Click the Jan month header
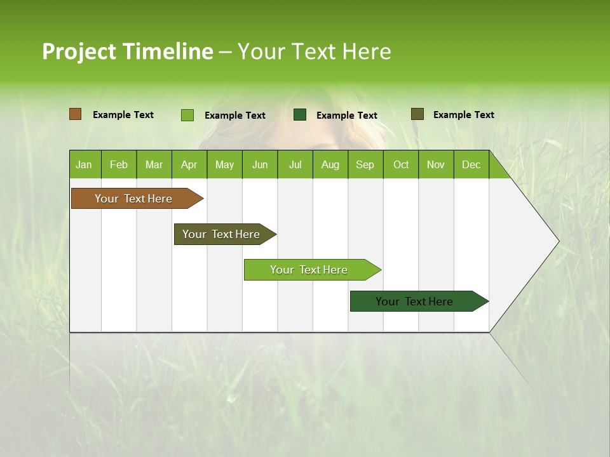[x=84, y=164]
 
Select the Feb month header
[x=119, y=164]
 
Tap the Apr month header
[x=189, y=164]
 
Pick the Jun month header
[x=260, y=164]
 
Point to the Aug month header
[x=330, y=164]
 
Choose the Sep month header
[x=365, y=164]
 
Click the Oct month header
[x=401, y=164]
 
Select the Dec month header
[x=471, y=164]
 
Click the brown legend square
[x=76, y=114]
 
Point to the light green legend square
[x=187, y=115]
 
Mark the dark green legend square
[x=300, y=114]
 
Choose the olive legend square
[x=417, y=114]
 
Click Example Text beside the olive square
[x=463, y=115]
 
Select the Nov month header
[x=436, y=164]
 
